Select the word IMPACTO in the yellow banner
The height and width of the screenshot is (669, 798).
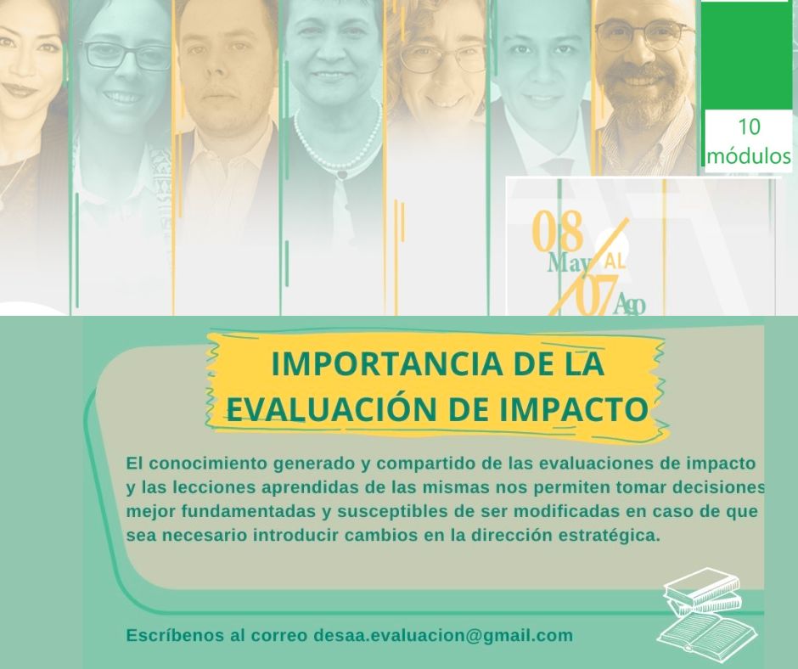click(574, 409)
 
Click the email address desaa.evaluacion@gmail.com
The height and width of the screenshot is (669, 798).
click(443, 635)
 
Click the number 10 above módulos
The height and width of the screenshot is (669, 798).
click(748, 126)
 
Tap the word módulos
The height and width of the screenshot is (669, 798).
click(749, 155)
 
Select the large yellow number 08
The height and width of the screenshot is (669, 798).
click(557, 231)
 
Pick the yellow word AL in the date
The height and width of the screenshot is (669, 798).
click(615, 261)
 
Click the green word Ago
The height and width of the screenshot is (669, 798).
click(630, 305)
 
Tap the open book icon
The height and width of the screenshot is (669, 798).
click(707, 632)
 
